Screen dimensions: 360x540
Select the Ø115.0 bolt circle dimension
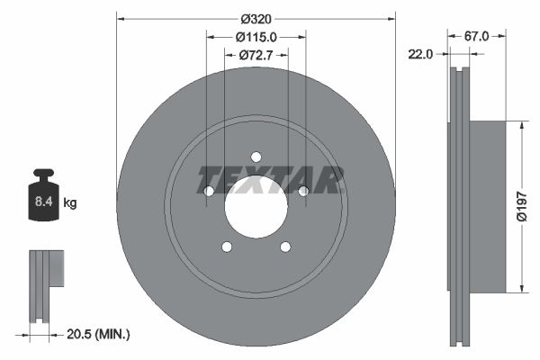pyautogui.click(x=256, y=37)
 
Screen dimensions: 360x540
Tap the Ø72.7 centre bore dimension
pyautogui.click(x=256, y=56)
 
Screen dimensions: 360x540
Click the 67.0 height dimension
pyautogui.click(x=476, y=37)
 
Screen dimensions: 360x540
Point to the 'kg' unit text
pyautogui.click(x=70, y=203)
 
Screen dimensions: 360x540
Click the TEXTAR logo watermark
pyautogui.click(x=271, y=180)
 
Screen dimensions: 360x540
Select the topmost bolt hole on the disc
pyautogui.click(x=256, y=157)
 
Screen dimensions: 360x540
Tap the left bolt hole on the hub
pyautogui.click(x=209, y=191)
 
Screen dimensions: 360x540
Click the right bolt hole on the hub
pyautogui.click(x=303, y=191)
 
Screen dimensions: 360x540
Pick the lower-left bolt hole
pyautogui.click(x=227, y=247)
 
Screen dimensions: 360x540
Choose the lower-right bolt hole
pyautogui.click(x=285, y=247)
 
